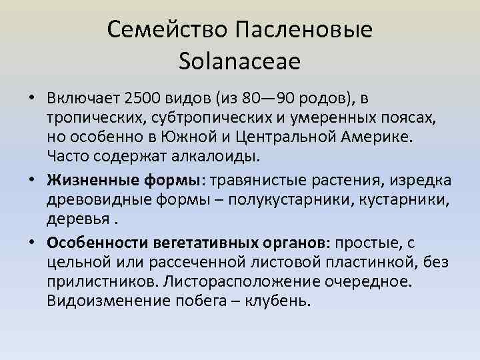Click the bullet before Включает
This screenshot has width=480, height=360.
coord(33,99)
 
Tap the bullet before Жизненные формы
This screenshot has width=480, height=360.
coord(33,180)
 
